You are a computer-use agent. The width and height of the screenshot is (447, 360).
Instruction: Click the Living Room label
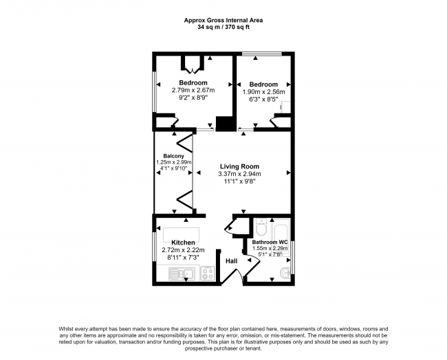click(x=239, y=166)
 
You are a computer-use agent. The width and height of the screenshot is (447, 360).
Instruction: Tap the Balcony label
click(x=173, y=155)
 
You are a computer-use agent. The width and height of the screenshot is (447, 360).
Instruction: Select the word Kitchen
click(x=183, y=243)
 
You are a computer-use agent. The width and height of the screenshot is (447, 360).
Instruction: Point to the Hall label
click(x=232, y=261)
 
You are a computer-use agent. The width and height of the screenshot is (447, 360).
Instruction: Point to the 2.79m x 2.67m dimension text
click(x=193, y=90)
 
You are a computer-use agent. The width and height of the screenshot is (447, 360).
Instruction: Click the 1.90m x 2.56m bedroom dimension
click(x=263, y=91)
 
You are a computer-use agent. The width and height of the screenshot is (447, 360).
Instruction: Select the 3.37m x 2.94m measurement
click(x=240, y=175)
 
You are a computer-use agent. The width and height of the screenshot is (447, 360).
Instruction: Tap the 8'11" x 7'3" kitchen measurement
click(x=183, y=258)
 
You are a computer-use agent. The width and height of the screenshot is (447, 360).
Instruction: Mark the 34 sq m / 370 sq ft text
click(x=223, y=27)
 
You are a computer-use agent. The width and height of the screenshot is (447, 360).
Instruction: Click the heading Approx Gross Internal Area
click(x=223, y=20)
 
